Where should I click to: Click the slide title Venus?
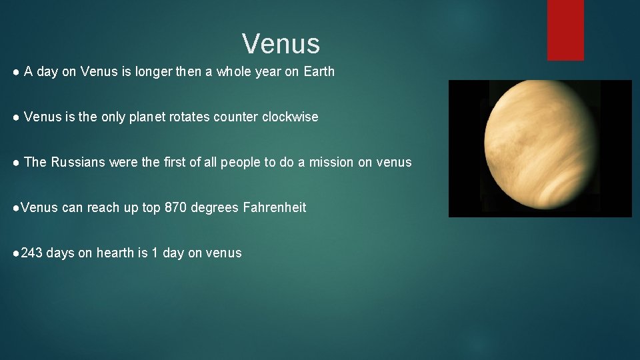281,44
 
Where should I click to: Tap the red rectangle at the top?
565,29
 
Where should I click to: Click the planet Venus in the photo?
540,148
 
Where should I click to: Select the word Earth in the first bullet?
319,71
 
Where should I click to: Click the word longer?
153,71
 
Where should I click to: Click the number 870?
175,207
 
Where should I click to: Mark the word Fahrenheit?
274,207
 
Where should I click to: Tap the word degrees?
215,207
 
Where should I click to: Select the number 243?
32,253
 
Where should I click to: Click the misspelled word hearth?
115,253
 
